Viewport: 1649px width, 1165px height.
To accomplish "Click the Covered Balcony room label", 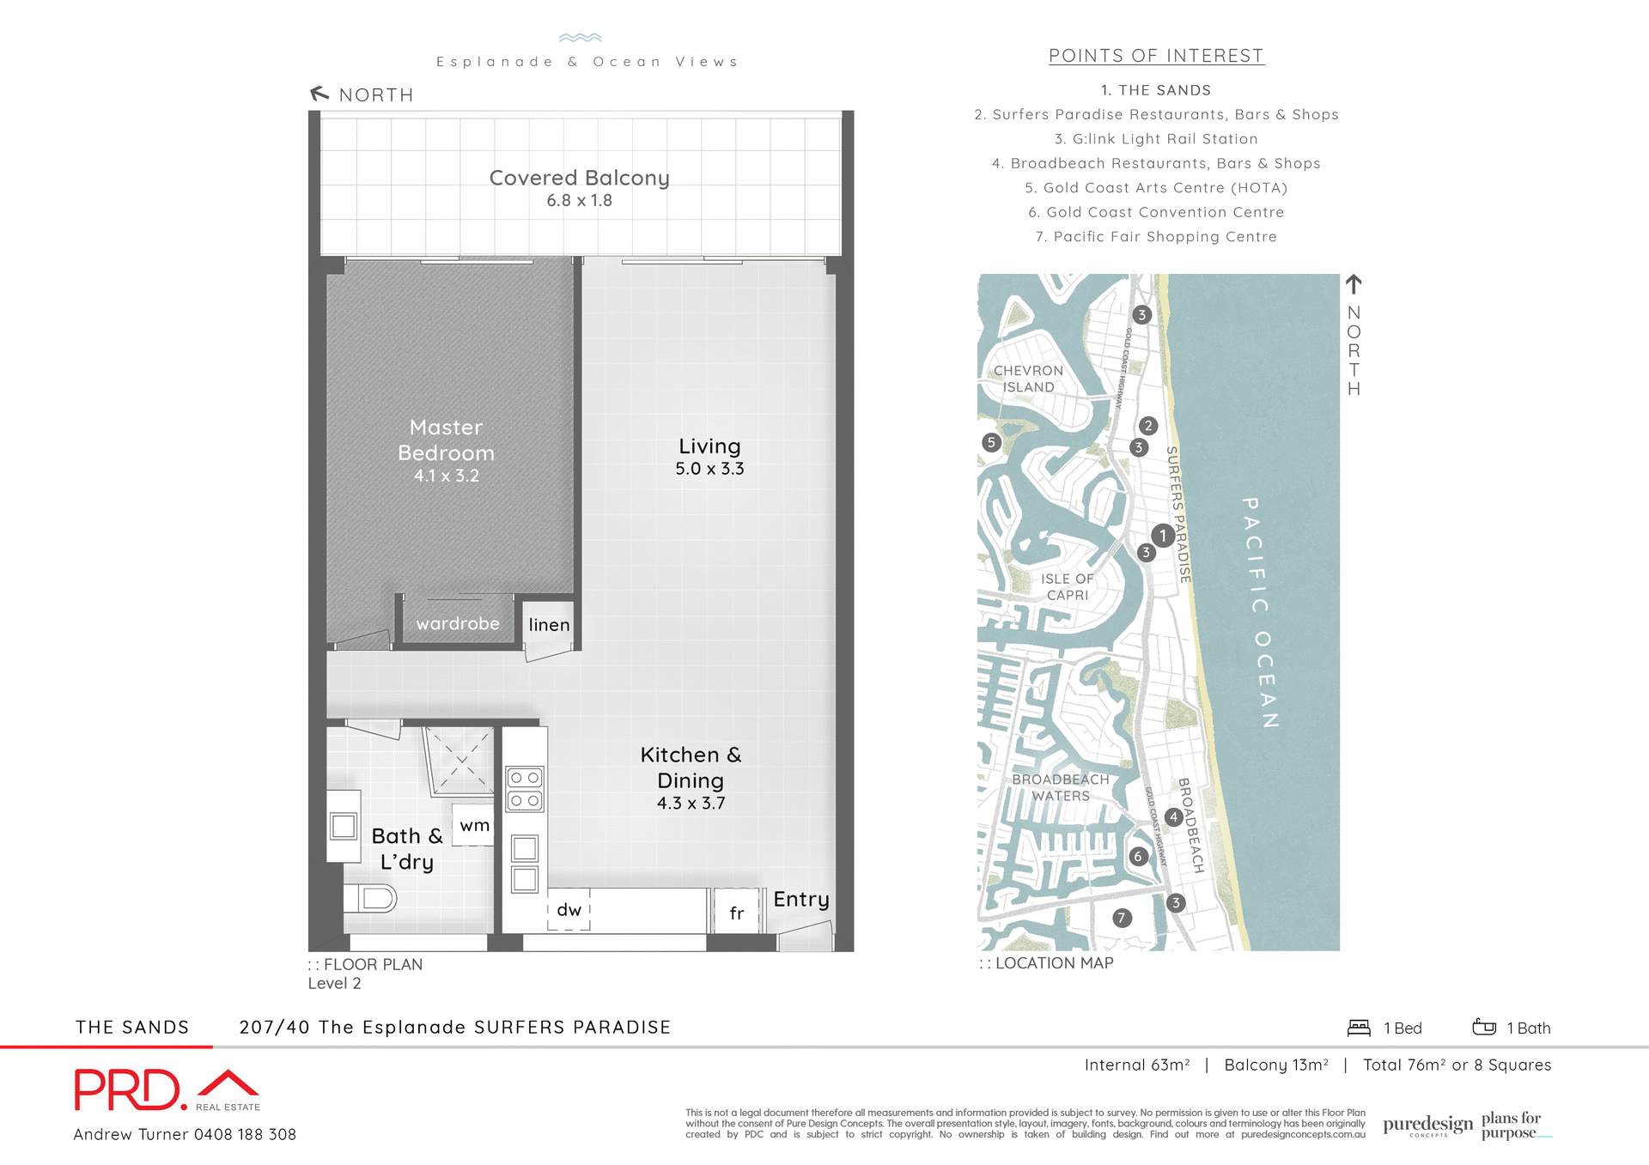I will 579,178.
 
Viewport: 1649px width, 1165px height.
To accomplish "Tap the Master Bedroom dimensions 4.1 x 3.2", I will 447,476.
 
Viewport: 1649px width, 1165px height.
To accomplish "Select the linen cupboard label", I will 549,625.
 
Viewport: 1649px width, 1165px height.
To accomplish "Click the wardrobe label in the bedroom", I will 458,624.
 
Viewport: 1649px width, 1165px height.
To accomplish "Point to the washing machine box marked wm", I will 474,826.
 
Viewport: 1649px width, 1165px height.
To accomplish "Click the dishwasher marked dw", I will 569,910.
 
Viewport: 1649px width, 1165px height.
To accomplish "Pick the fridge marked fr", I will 736,913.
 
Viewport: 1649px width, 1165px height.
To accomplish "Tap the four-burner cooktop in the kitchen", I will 524,789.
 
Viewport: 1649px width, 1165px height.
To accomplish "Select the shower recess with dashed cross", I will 461,761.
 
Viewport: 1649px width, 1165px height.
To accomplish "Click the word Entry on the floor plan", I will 800,899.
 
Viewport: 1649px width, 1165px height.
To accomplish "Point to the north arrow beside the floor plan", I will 319,94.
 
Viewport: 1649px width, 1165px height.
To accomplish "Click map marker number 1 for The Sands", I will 1163,536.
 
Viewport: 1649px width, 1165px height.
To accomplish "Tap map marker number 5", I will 991,442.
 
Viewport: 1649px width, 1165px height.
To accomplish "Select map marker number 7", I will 1121,918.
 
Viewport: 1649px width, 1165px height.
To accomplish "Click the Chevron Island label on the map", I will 1028,379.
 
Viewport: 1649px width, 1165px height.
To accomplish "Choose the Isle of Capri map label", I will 1068,587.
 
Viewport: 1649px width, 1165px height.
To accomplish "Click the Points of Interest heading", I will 1156,56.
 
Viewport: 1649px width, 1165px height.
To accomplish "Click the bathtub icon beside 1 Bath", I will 1484,1027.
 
